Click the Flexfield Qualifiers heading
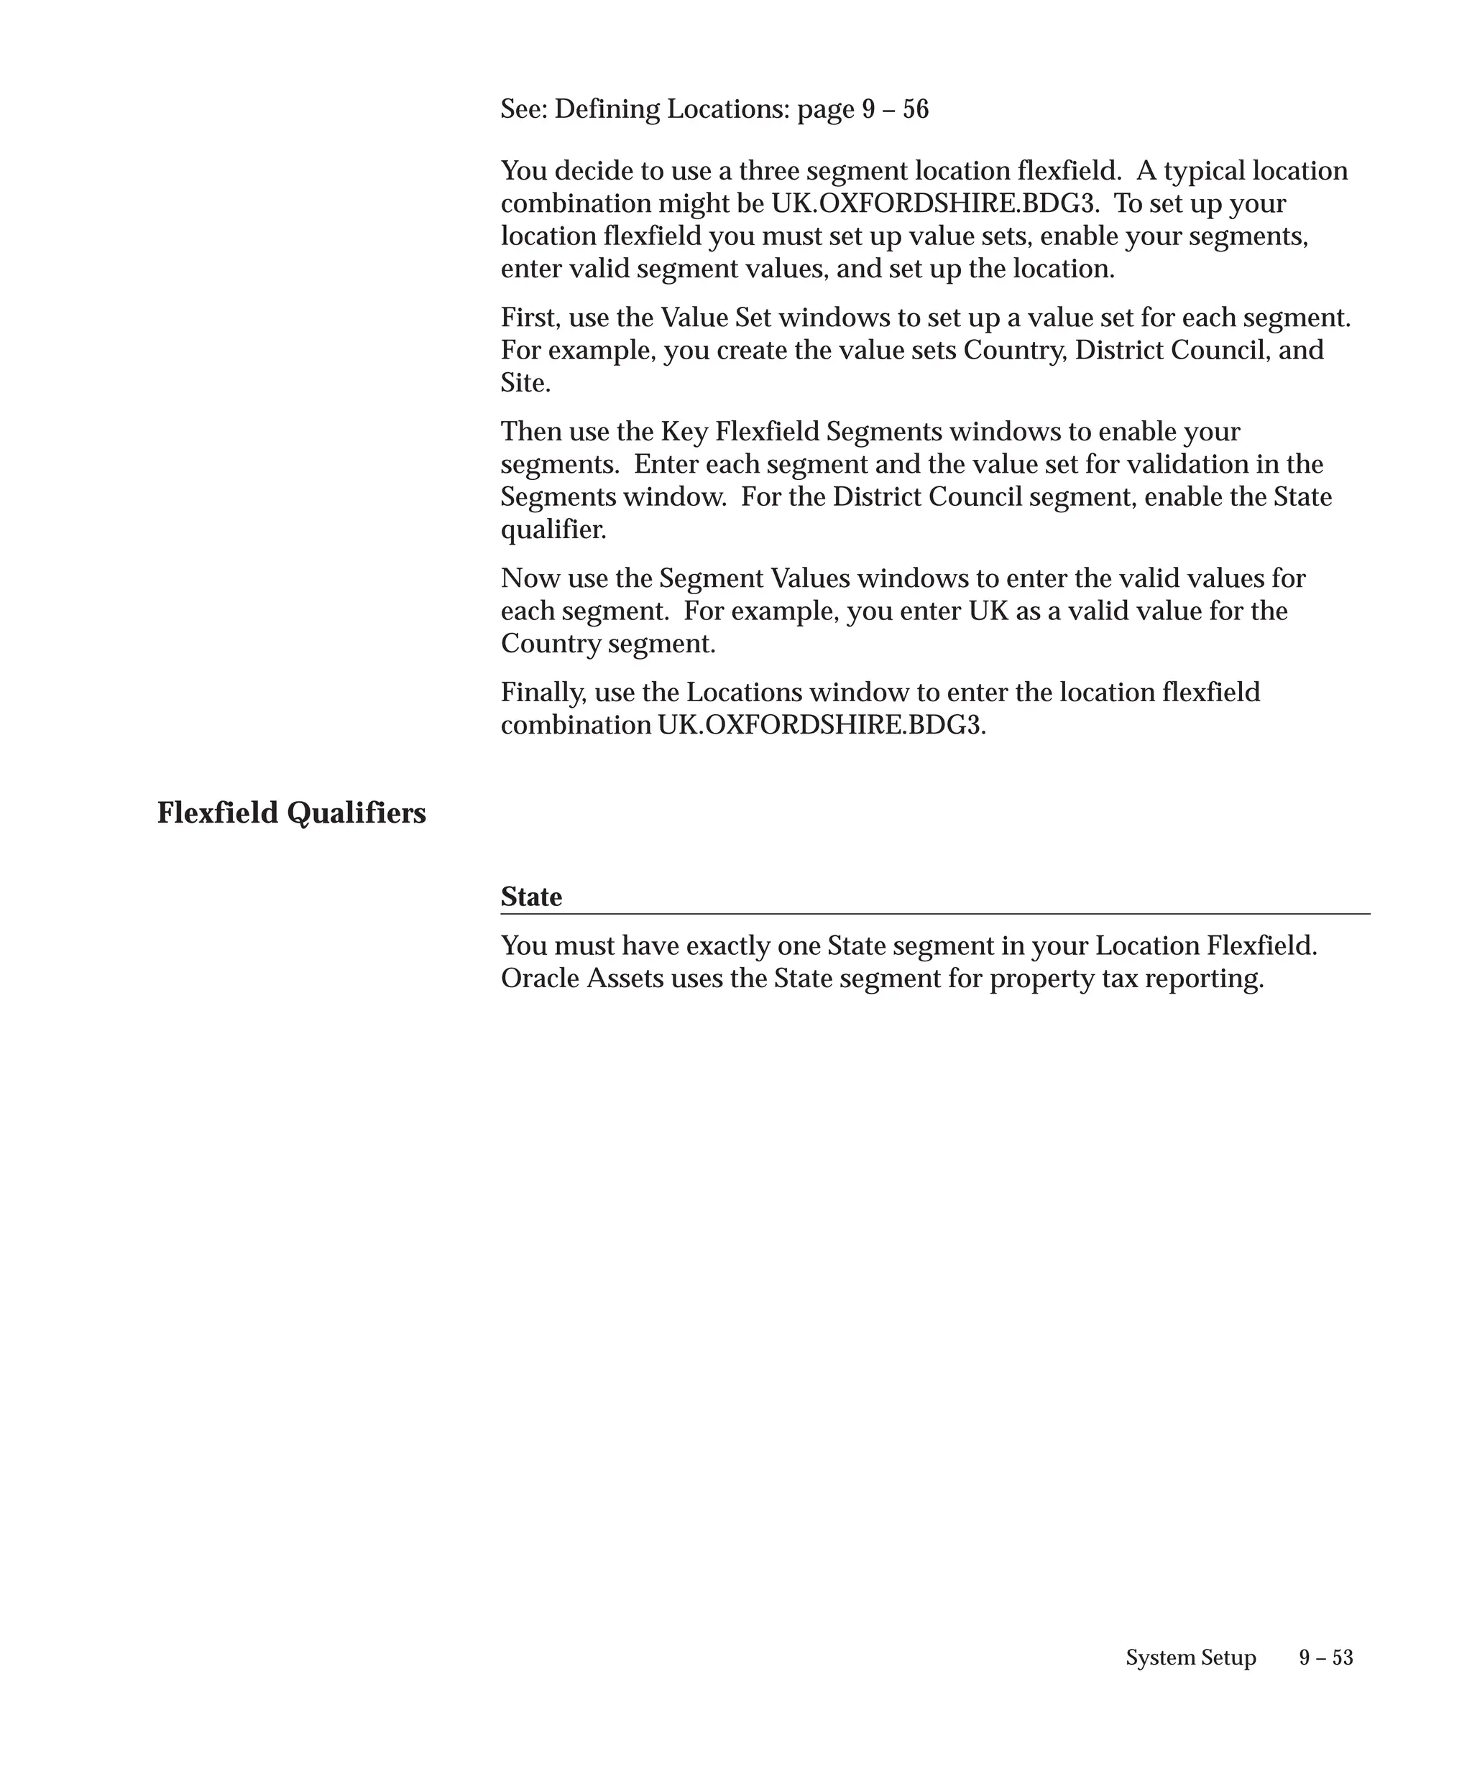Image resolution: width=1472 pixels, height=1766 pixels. (x=291, y=813)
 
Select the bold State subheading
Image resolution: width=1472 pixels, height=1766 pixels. (x=530, y=897)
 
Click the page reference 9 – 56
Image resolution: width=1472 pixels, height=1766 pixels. (x=895, y=109)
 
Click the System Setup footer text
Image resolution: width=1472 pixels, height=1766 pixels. (x=1190, y=1657)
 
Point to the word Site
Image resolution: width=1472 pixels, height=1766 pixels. (x=524, y=383)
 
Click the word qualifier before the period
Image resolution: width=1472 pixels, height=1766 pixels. (x=552, y=530)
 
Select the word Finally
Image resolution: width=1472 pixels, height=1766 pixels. (x=543, y=692)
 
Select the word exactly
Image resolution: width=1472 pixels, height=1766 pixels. (x=727, y=946)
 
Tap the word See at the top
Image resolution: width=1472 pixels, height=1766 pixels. (x=520, y=109)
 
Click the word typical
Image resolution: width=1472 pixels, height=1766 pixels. (x=1204, y=171)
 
